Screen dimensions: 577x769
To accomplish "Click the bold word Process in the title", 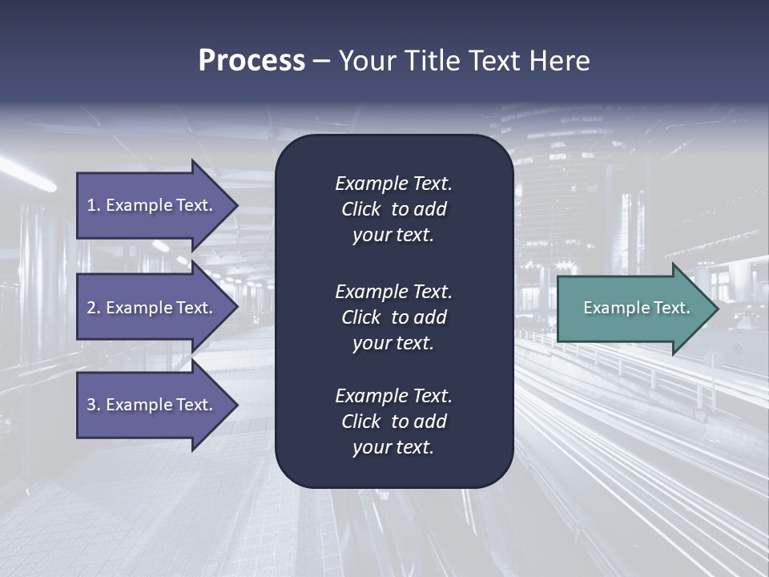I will click(252, 61).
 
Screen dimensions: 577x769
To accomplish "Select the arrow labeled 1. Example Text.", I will click(150, 205).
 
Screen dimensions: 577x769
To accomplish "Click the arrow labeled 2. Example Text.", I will click(150, 308).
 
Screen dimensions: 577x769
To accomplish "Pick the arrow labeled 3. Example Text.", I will click(150, 405).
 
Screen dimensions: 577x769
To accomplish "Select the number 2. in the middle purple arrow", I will click(94, 308).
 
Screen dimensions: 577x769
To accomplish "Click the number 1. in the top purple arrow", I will click(94, 205).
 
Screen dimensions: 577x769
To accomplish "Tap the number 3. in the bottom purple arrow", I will click(94, 405).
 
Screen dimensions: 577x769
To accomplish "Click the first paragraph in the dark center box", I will click(393, 209).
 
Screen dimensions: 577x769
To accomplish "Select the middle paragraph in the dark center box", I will click(393, 317).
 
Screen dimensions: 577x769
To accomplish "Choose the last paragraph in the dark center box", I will click(393, 422).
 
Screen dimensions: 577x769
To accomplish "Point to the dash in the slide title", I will click(321, 61).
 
